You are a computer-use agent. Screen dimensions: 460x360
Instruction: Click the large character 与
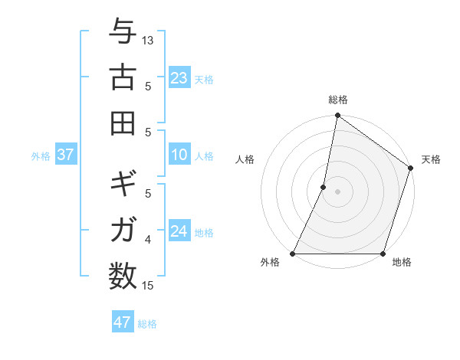click(x=123, y=33)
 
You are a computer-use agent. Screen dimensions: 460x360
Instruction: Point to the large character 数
click(x=123, y=274)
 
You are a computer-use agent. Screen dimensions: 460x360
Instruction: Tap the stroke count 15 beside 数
click(x=148, y=286)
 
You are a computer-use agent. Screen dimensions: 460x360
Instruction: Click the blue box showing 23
click(x=179, y=78)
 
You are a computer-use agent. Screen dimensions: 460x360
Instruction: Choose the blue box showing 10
click(x=179, y=155)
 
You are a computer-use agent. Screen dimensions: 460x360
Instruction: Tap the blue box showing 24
click(x=179, y=231)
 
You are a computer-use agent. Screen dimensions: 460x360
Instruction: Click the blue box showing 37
click(x=65, y=155)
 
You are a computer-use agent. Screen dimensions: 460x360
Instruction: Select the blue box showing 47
click(x=122, y=322)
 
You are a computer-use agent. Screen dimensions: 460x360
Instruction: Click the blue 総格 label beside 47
click(x=147, y=324)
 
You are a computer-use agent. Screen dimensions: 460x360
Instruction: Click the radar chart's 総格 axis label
click(x=337, y=100)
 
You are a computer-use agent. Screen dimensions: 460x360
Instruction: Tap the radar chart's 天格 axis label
click(x=431, y=159)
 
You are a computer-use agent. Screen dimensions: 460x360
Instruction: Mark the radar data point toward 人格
click(x=324, y=186)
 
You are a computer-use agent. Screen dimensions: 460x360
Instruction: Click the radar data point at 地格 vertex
click(x=383, y=254)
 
